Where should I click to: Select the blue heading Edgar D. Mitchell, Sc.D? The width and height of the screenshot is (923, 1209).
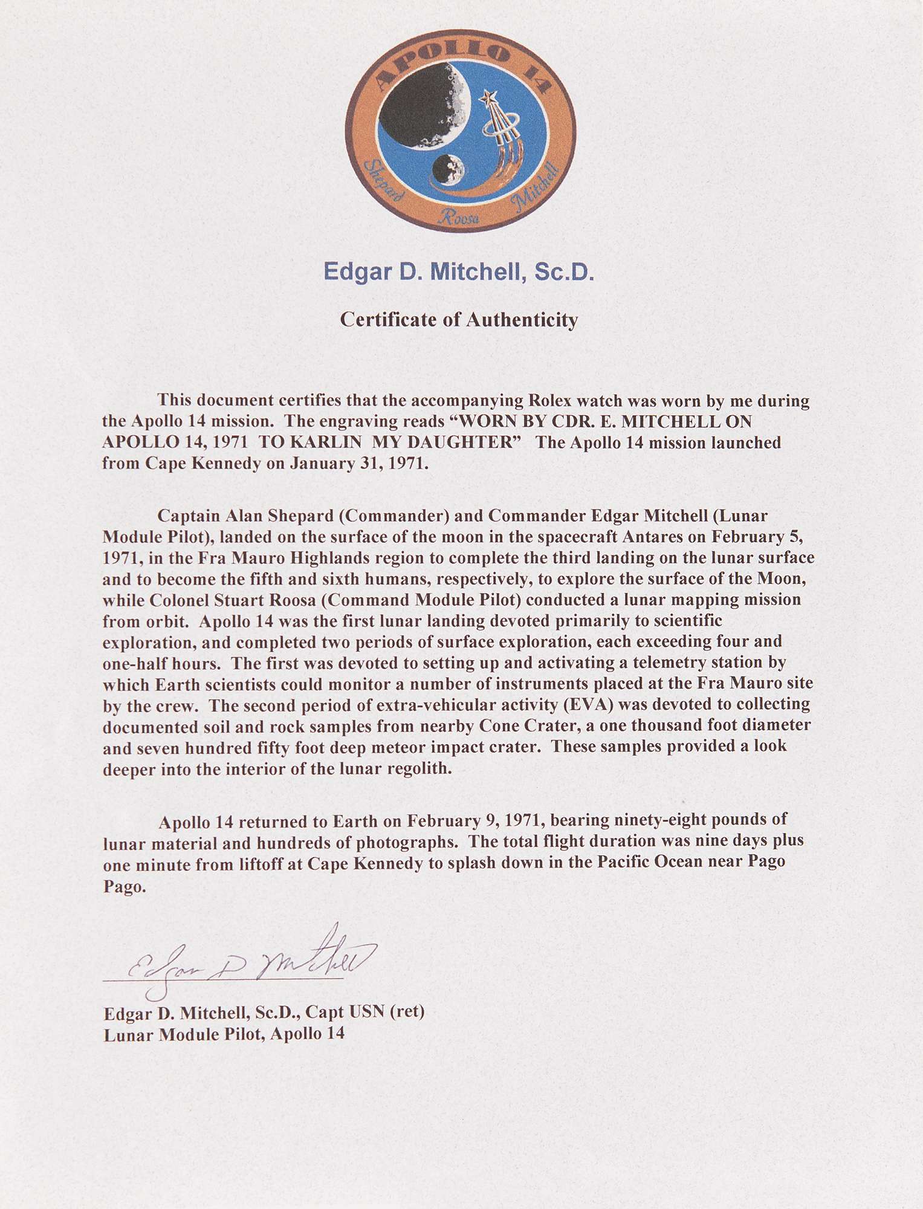click(459, 273)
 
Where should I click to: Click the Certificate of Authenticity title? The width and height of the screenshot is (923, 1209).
click(459, 319)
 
